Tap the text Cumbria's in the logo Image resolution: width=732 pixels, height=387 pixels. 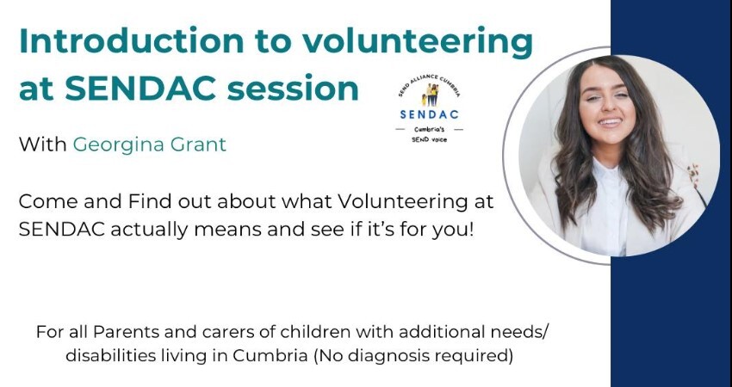point(429,128)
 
